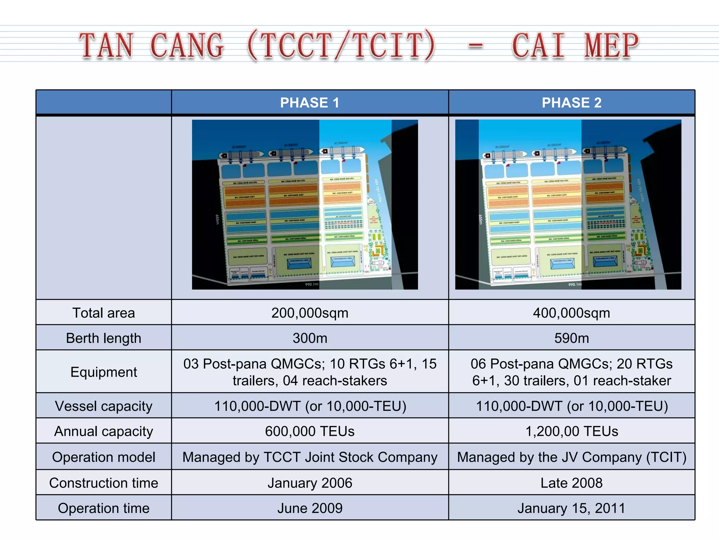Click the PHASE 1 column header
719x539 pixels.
pyautogui.click(x=310, y=103)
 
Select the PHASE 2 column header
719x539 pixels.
pyautogui.click(x=572, y=103)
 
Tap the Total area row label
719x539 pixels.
pyautogui.click(x=104, y=313)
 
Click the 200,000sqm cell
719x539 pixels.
pyautogui.click(x=310, y=313)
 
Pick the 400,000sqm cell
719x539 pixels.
pyautogui.click(x=572, y=313)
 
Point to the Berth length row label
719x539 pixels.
pyautogui.click(x=104, y=338)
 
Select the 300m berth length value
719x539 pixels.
pyautogui.click(x=310, y=338)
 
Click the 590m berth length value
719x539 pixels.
pyautogui.click(x=572, y=338)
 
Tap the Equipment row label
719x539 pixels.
pyautogui.click(x=104, y=372)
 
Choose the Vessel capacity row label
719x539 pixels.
pyautogui.click(x=104, y=406)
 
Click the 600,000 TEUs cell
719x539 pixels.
pyautogui.click(x=310, y=431)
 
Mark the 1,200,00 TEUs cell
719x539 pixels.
pyautogui.click(x=572, y=431)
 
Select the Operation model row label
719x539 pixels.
pyautogui.click(x=104, y=457)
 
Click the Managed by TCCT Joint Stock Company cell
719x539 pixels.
pyautogui.click(x=310, y=457)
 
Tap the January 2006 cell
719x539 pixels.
pyautogui.click(x=310, y=483)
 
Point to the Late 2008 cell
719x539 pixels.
pyautogui.click(x=572, y=483)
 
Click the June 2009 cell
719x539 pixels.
pyautogui.click(x=310, y=508)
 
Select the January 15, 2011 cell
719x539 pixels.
pyautogui.click(x=572, y=508)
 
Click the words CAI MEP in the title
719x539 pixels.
pyautogui.click(x=575, y=46)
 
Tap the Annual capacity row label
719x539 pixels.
pyautogui.click(x=104, y=431)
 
